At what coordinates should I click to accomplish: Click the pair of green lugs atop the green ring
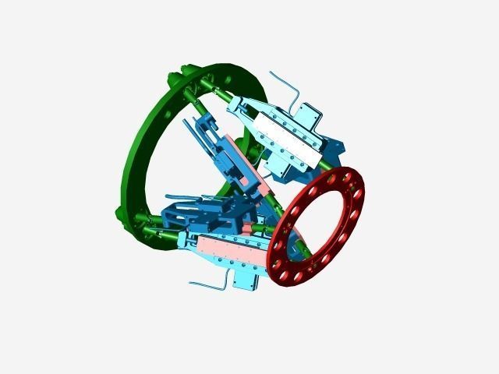[x=176, y=77]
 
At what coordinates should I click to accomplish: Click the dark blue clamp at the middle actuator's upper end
[x=207, y=129]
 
